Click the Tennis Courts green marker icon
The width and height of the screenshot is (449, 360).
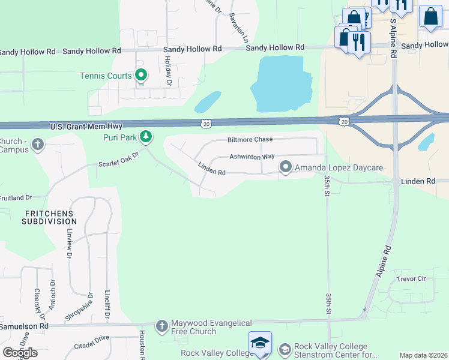click(141, 76)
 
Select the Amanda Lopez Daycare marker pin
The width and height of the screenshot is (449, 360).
click(286, 167)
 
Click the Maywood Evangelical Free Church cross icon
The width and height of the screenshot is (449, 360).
click(161, 326)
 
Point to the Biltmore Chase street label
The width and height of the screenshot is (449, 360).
click(250, 139)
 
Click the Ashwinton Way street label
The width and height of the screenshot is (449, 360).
click(252, 157)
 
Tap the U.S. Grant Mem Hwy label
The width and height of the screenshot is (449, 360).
click(86, 127)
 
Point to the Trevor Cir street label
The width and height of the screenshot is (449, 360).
click(411, 279)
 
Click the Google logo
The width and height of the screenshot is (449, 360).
click(20, 352)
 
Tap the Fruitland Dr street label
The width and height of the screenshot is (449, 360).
click(24, 197)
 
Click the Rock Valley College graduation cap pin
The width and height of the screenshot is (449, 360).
click(260, 343)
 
